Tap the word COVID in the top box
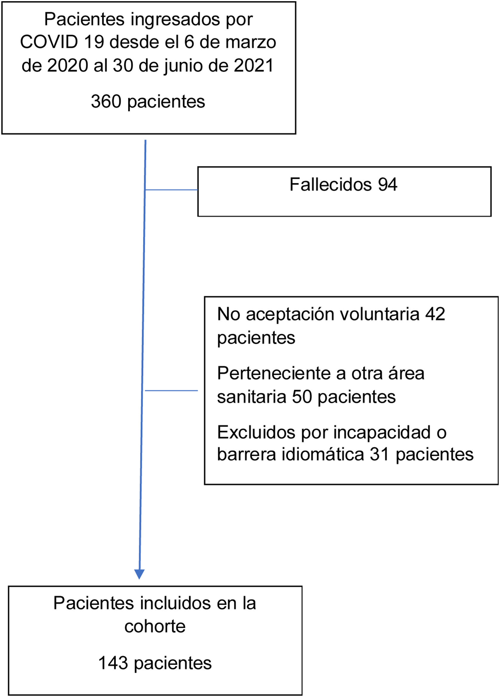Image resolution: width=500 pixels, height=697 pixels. click(x=49, y=42)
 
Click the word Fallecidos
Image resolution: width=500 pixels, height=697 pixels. click(x=330, y=184)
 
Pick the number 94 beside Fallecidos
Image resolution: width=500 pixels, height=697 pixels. click(x=387, y=184)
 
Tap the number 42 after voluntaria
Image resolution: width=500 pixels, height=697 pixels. click(x=435, y=314)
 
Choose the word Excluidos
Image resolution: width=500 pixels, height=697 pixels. click(x=256, y=432)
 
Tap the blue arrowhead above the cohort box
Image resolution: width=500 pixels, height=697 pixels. click(x=139, y=574)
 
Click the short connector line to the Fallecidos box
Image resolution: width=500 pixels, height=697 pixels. click(x=171, y=190)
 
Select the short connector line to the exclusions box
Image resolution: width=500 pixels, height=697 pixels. click(x=171, y=391)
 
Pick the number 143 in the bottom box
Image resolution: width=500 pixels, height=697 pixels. click(x=113, y=663)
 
